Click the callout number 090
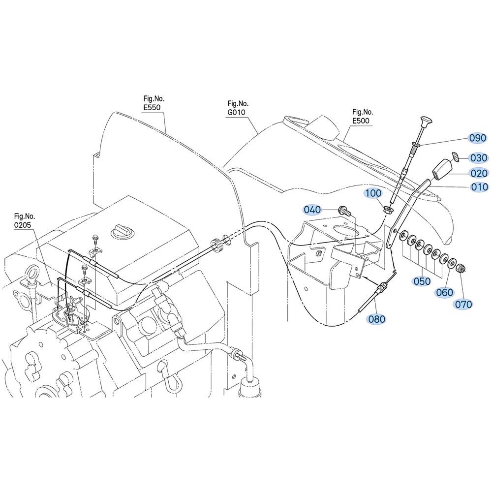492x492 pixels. coord(478,138)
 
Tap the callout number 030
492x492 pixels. coord(479,158)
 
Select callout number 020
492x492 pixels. coord(479,173)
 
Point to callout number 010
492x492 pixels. coord(480,187)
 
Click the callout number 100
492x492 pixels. coord(373,193)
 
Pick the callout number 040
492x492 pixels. coord(312,210)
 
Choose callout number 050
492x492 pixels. coord(422,281)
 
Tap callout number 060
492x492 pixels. coord(445,292)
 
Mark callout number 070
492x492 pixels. coord(463,304)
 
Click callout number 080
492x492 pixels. coord(376,319)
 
